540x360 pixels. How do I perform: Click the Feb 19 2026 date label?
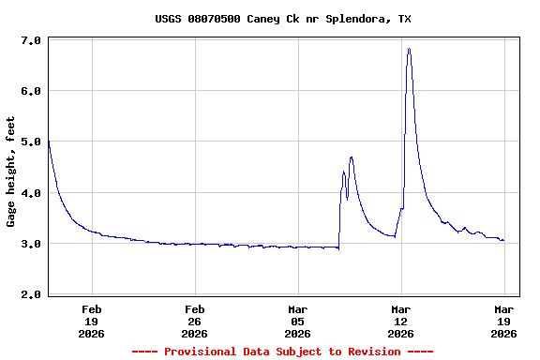pos(91,321)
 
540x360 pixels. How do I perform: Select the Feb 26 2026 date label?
pos(194,321)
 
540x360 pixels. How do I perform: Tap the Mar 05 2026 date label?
pos(297,321)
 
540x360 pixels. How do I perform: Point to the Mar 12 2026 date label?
pos(400,321)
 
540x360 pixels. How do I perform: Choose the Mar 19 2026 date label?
pos(503,321)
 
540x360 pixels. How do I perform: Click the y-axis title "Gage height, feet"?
pos(11,172)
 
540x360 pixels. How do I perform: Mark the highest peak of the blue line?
pos(409,49)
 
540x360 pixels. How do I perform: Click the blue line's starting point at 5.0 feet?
pos(48,142)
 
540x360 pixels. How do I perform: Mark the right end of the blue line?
pos(503,240)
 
